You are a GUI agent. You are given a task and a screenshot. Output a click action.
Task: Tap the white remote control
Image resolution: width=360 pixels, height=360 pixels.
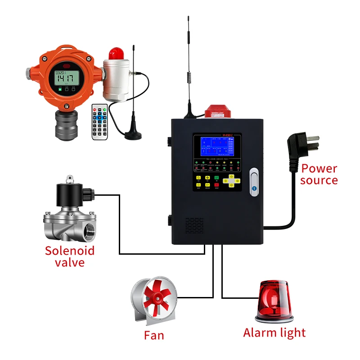pyautogui.click(x=100, y=121)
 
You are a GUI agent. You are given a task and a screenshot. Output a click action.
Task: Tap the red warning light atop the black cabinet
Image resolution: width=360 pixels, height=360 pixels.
pyautogui.click(x=217, y=111)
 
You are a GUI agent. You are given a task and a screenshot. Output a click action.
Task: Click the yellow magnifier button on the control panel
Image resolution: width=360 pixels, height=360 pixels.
pyautogui.click(x=198, y=178)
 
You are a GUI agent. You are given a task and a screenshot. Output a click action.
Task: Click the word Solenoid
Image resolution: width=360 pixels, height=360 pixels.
pyautogui.click(x=69, y=250)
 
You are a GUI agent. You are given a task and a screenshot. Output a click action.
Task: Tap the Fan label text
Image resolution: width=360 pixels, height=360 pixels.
pyautogui.click(x=154, y=335)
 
